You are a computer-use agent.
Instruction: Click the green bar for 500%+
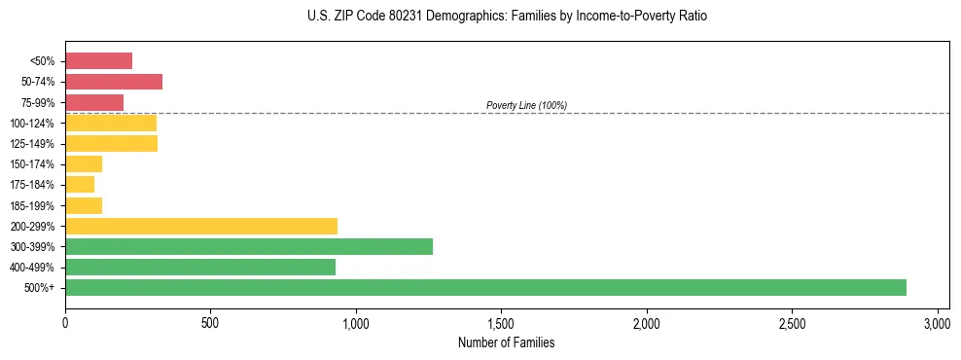pos(485,287)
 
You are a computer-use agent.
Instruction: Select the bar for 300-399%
pos(249,246)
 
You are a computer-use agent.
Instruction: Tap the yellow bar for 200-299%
pos(201,226)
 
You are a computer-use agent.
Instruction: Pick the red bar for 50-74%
pos(114,82)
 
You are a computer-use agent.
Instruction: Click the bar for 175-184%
pos(80,185)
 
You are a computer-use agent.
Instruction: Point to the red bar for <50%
pos(98,61)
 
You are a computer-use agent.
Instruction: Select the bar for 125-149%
pos(111,144)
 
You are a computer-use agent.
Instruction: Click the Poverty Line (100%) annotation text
pos(526,105)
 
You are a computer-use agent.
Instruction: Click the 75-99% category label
pos(39,103)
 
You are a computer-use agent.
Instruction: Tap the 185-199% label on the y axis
pos(35,205)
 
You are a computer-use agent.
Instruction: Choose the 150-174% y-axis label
pos(35,164)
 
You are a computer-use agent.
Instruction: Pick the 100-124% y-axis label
pos(35,124)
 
